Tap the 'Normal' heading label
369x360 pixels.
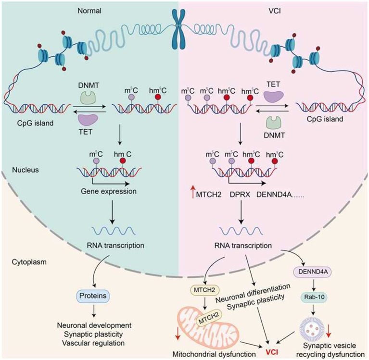pyautogui.click(x=89, y=11)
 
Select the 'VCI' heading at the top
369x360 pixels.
pyautogui.click(x=274, y=11)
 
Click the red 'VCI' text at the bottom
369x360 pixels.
pyautogui.click(x=272, y=352)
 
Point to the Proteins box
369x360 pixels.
pyautogui.click(x=93, y=296)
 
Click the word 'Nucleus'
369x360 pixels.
pyautogui.click(x=25, y=170)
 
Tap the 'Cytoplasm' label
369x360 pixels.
pyautogui.click(x=29, y=262)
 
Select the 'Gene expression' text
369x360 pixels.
pyautogui.click(x=109, y=191)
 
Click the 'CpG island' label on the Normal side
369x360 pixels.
pyautogui.click(x=35, y=123)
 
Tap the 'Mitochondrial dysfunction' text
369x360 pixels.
pyautogui.click(x=214, y=354)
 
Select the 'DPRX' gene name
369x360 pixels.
pyautogui.click(x=240, y=195)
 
